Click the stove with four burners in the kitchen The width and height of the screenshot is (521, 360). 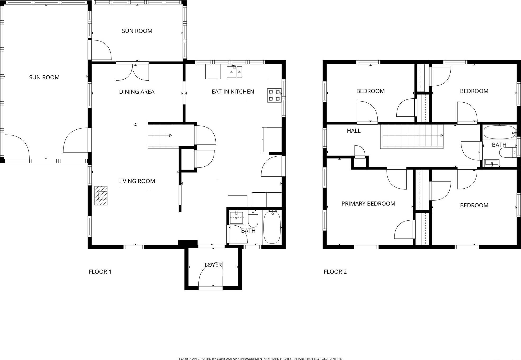[274, 95]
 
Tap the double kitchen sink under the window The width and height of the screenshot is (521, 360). [234, 72]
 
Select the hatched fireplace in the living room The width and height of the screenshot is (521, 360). [101, 195]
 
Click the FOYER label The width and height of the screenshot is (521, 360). [213, 265]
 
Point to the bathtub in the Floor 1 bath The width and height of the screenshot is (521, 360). [272, 227]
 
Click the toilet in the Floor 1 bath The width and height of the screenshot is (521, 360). [253, 219]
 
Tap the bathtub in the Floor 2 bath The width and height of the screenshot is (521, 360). [499, 132]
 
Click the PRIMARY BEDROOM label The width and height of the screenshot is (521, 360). [368, 203]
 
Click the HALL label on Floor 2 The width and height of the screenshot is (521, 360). [354, 131]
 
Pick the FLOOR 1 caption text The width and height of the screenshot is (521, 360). [100, 272]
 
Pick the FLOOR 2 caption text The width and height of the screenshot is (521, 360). [335, 272]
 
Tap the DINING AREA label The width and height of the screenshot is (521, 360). [137, 92]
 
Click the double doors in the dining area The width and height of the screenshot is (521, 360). [132, 72]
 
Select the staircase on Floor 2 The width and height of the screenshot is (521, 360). [411, 136]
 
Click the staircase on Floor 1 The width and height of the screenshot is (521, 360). [160, 135]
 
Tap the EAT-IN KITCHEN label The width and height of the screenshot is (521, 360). [233, 92]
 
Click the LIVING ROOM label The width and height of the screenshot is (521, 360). [137, 181]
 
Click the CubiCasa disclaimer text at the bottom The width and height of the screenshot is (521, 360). [260, 359]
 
